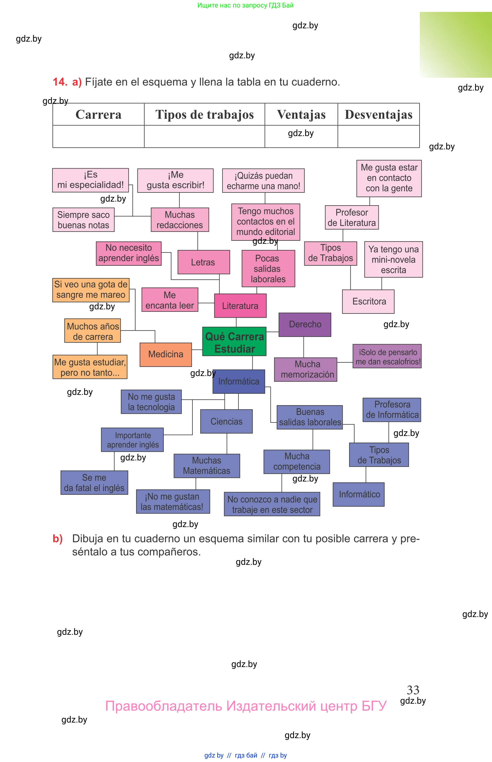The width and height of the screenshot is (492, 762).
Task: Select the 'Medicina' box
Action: tap(165, 354)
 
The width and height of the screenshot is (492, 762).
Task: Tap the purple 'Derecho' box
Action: tap(305, 324)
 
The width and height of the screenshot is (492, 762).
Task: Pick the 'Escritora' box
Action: tap(368, 301)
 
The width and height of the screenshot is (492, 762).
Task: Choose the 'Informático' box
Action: tap(358, 494)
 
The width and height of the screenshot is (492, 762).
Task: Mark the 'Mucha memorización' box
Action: tap(305, 369)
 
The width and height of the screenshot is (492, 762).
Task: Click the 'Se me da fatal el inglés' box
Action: tap(94, 482)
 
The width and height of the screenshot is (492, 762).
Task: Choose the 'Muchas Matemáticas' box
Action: tap(207, 465)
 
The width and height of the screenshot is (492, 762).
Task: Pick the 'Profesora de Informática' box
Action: tap(392, 409)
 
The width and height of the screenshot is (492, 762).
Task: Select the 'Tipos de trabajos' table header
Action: tap(204, 114)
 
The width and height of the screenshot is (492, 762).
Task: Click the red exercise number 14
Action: tap(60, 82)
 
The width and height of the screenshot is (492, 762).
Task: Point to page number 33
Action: tap(413, 690)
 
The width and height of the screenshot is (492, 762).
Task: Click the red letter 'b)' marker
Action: tap(57, 538)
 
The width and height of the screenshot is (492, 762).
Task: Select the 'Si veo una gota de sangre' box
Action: tap(91, 290)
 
